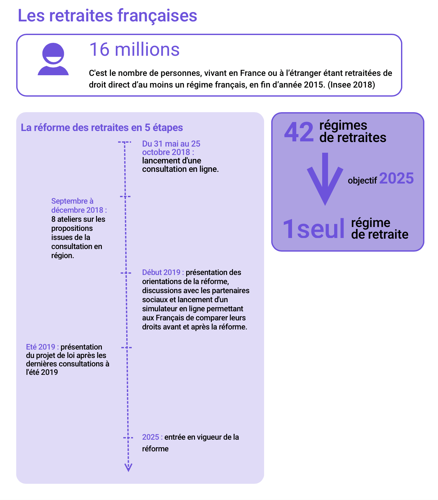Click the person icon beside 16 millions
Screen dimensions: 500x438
[53, 59]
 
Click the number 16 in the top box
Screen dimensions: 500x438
[99, 50]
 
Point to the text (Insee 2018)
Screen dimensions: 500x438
[351, 85]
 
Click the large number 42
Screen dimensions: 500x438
[299, 132]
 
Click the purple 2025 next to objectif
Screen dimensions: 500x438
[396, 178]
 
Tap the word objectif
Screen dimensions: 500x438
[362, 180]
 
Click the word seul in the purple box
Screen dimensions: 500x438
[321, 229]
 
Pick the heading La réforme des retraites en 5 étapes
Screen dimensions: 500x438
[102, 127]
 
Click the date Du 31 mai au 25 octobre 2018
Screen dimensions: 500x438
[171, 148]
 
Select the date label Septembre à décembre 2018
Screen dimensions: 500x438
[79, 206]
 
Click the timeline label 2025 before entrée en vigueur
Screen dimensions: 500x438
[151, 437]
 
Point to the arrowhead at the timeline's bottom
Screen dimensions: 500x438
[128, 468]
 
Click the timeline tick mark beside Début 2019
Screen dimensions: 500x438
[126, 273]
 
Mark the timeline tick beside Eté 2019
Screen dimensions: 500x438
[127, 348]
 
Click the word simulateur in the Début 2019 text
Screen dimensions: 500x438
[160, 309]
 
